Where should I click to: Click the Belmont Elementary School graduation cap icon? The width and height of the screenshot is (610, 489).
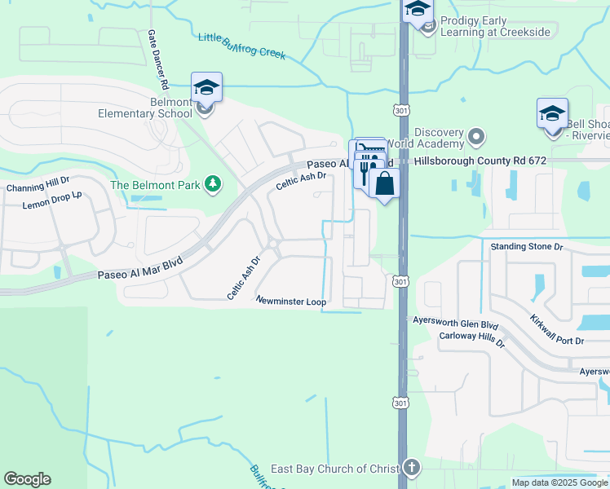206,87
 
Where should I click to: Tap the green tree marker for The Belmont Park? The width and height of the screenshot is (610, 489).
212,185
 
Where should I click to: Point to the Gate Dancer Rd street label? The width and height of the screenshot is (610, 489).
157,59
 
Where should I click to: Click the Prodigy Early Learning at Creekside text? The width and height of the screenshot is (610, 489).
495,26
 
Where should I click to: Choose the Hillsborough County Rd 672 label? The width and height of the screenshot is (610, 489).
480,161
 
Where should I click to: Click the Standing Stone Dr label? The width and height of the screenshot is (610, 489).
526,245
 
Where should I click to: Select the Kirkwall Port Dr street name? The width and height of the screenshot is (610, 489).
556,328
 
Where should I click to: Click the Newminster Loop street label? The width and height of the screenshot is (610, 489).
291,301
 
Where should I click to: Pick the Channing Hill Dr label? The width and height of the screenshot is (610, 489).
38,187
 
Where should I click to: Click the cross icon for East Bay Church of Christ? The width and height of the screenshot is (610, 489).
413,468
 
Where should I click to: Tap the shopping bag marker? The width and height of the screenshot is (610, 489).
384,183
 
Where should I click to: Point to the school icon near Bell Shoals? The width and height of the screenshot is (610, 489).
552,113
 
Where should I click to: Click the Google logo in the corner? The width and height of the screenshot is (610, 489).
27,479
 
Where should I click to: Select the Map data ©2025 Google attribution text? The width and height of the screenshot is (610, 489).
559,482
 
